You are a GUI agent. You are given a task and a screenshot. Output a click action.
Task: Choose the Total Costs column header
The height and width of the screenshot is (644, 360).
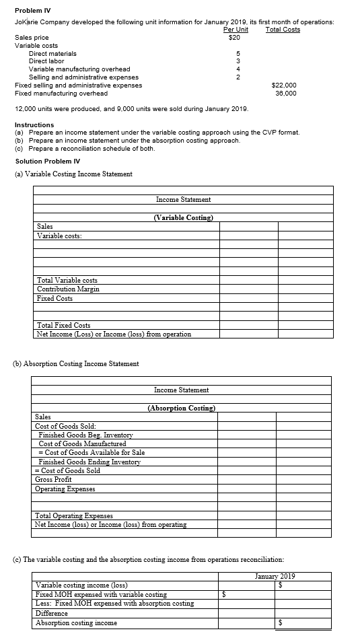click(x=283, y=30)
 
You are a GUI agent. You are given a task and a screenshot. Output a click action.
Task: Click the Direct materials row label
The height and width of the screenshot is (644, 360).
click(x=52, y=53)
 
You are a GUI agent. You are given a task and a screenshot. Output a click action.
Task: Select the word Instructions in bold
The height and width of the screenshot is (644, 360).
click(x=34, y=125)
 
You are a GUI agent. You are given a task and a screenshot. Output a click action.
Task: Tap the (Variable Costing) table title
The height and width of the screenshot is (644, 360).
click(x=184, y=217)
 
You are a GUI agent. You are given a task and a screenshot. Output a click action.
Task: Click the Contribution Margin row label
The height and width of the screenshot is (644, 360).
click(x=68, y=289)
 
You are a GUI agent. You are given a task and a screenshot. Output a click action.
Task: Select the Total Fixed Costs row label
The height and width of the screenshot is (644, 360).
click(x=64, y=325)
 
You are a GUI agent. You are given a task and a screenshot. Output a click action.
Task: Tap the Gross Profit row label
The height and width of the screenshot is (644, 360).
click(x=52, y=479)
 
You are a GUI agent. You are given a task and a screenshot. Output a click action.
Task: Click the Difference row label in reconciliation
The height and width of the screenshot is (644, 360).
click(x=51, y=613)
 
